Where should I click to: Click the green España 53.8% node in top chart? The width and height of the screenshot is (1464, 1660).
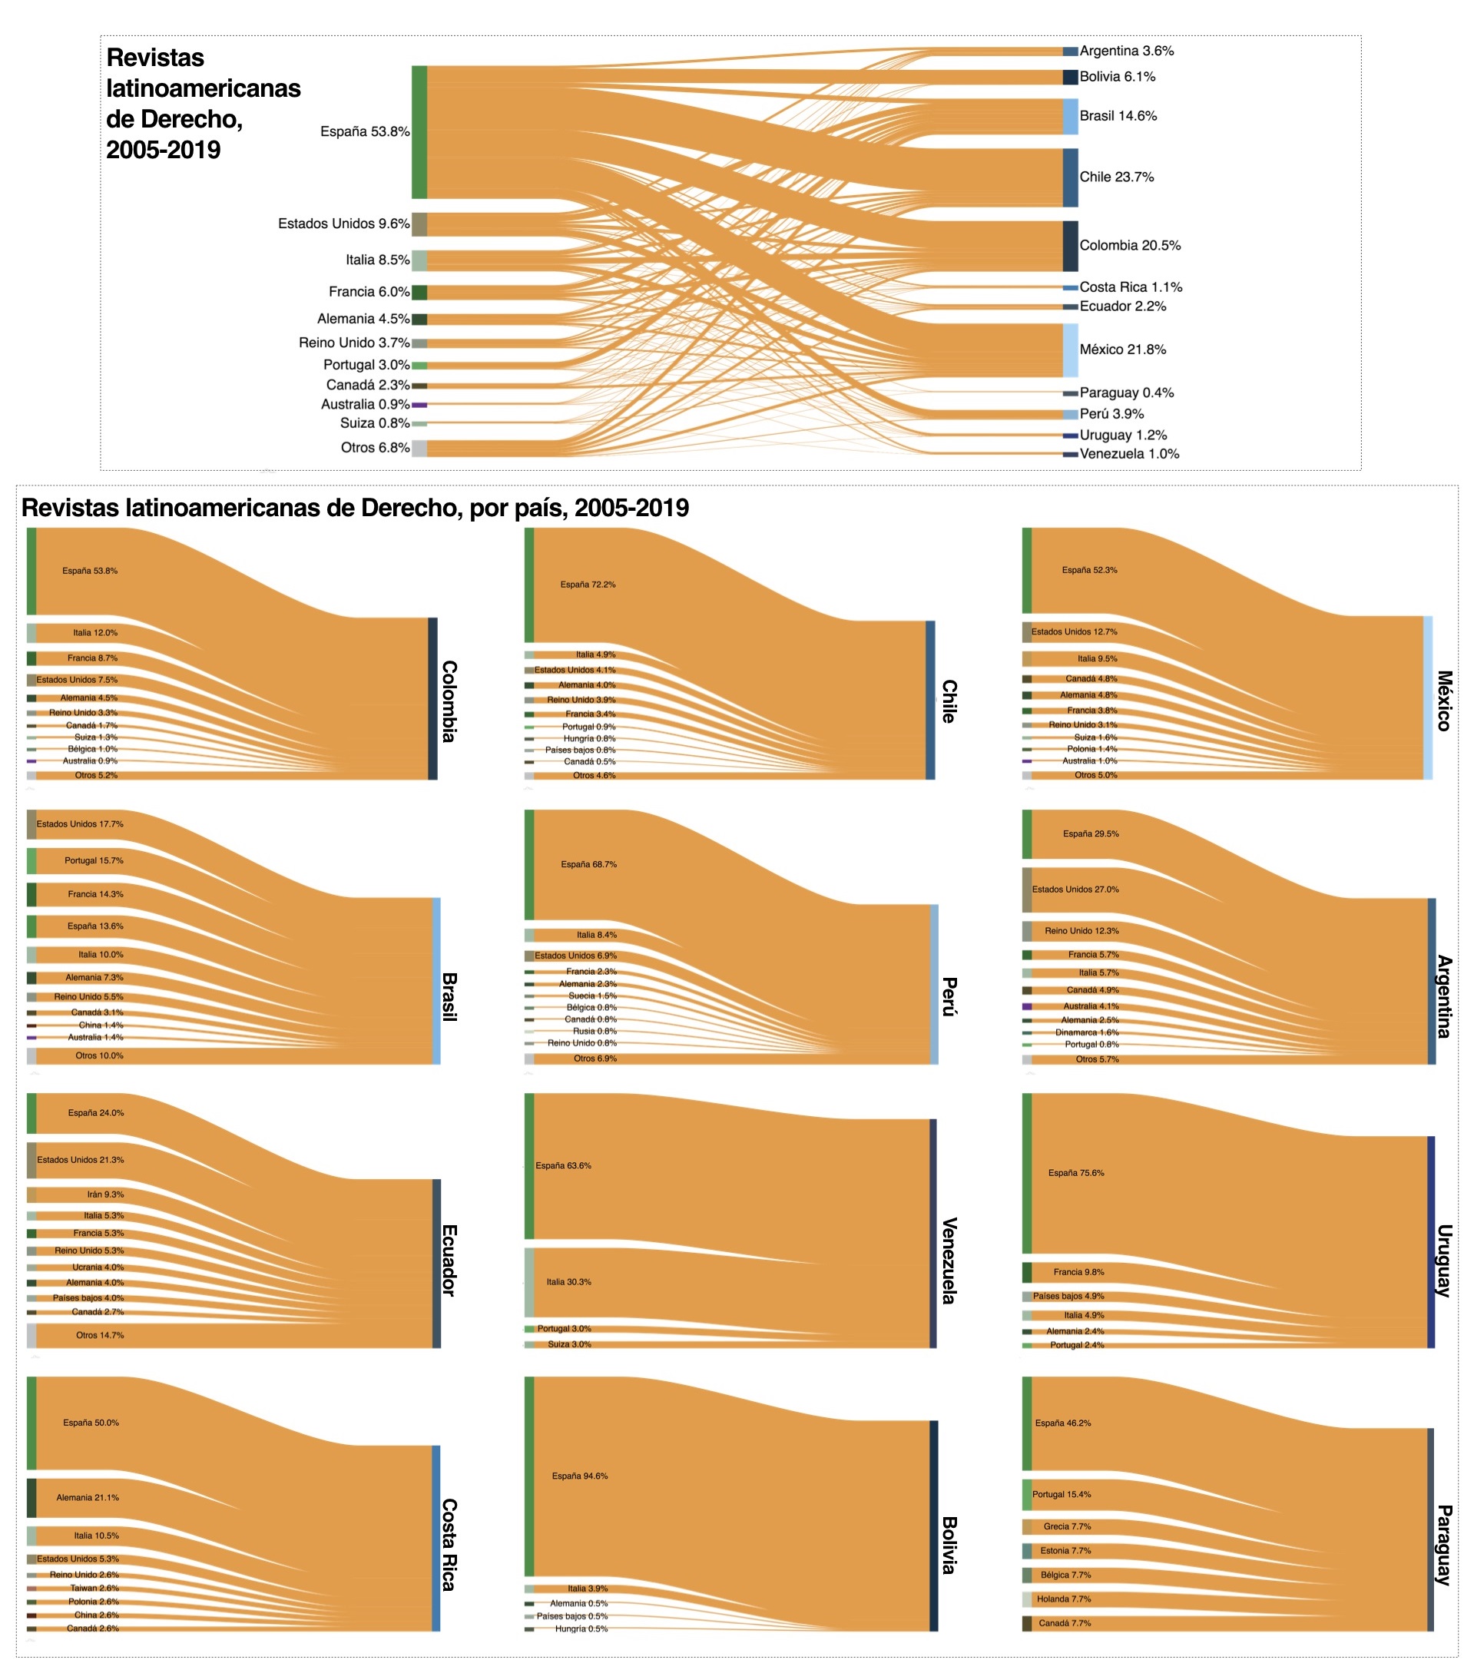click(x=419, y=131)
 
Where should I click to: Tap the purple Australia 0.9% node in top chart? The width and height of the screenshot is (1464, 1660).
click(x=419, y=405)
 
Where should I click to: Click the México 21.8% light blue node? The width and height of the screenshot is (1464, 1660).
click(x=1070, y=350)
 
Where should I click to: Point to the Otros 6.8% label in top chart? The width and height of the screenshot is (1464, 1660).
click(x=374, y=448)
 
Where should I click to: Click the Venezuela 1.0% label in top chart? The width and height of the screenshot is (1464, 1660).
click(x=1128, y=454)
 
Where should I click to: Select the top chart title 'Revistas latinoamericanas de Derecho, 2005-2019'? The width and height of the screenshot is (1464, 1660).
click(x=203, y=103)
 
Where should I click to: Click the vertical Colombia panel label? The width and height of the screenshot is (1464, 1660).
click(x=449, y=701)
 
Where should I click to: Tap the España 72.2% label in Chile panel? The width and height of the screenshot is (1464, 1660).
click(x=587, y=585)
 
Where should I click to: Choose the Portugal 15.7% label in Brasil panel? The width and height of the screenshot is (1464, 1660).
click(x=94, y=860)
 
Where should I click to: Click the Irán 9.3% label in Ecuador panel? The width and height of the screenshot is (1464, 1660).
click(x=105, y=1194)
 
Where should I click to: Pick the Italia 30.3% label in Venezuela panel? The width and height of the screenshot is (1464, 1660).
click(x=568, y=1281)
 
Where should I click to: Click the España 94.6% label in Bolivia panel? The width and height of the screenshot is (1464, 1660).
click(x=579, y=1476)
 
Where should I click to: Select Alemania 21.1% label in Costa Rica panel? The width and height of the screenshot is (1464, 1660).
click(x=88, y=1498)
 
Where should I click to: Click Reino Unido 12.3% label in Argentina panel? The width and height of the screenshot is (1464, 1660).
click(x=1081, y=931)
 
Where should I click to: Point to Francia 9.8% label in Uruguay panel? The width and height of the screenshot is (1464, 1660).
click(x=1078, y=1272)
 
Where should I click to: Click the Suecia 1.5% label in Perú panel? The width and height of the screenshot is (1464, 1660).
click(x=592, y=996)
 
